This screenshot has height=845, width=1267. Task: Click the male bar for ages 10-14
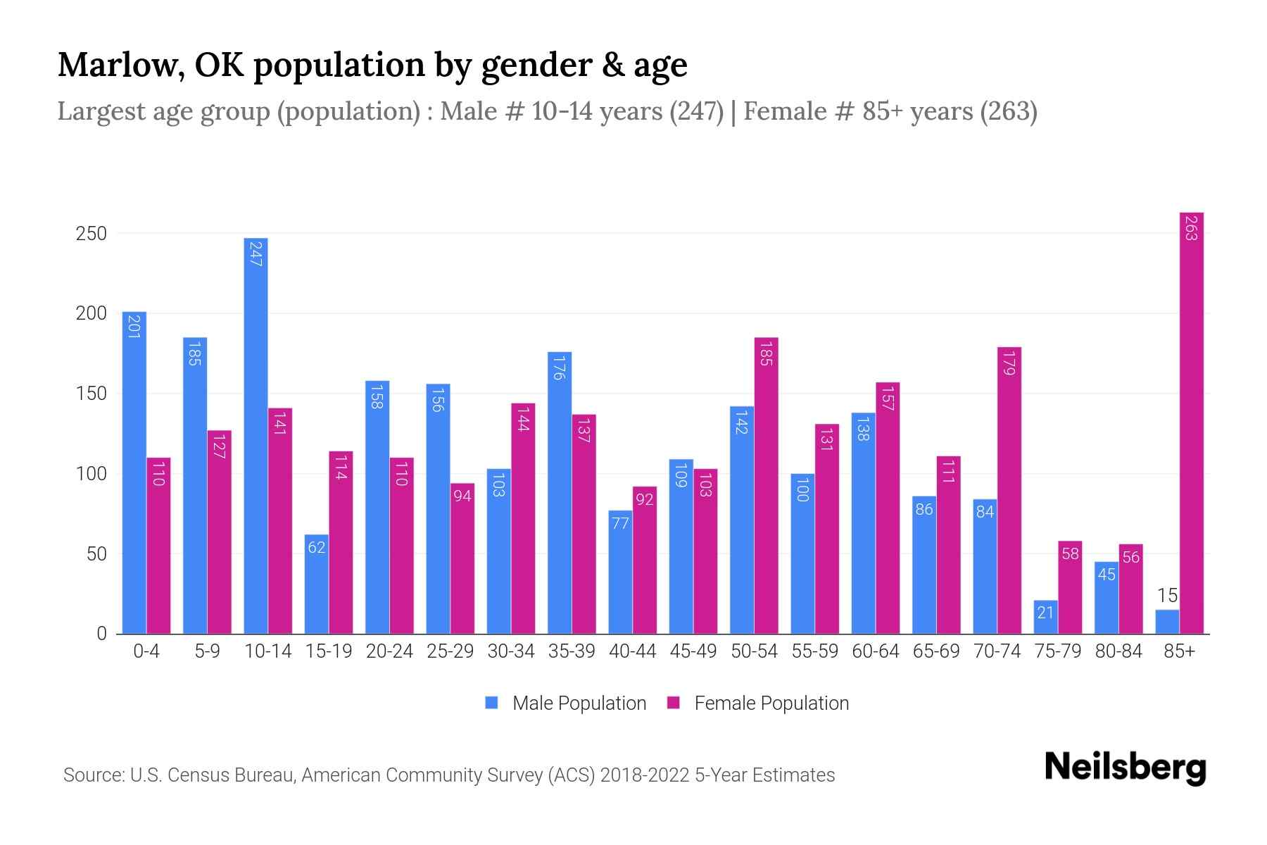pyautogui.click(x=256, y=437)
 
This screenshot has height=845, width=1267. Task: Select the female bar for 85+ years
pyautogui.click(x=1191, y=423)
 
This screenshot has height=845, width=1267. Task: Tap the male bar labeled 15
pyautogui.click(x=1167, y=622)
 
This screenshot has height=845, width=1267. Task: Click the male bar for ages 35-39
pyautogui.click(x=560, y=493)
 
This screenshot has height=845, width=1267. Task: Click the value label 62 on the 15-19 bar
pyautogui.click(x=317, y=547)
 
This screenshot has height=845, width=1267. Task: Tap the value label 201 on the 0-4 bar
pyautogui.click(x=134, y=326)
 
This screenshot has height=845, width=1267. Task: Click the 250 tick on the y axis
pyautogui.click(x=91, y=234)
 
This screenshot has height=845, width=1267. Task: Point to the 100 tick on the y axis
pyautogui.click(x=91, y=474)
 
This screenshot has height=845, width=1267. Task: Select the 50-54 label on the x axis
pyautogui.click(x=754, y=651)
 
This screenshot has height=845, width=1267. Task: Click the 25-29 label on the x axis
pyautogui.click(x=450, y=651)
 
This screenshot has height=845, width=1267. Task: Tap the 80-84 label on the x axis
pyautogui.click(x=1118, y=651)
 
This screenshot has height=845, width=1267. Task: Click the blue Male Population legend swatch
pyautogui.click(x=492, y=703)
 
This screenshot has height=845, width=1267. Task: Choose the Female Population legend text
pyautogui.click(x=771, y=703)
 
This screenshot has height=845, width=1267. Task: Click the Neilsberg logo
pyautogui.click(x=1125, y=768)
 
